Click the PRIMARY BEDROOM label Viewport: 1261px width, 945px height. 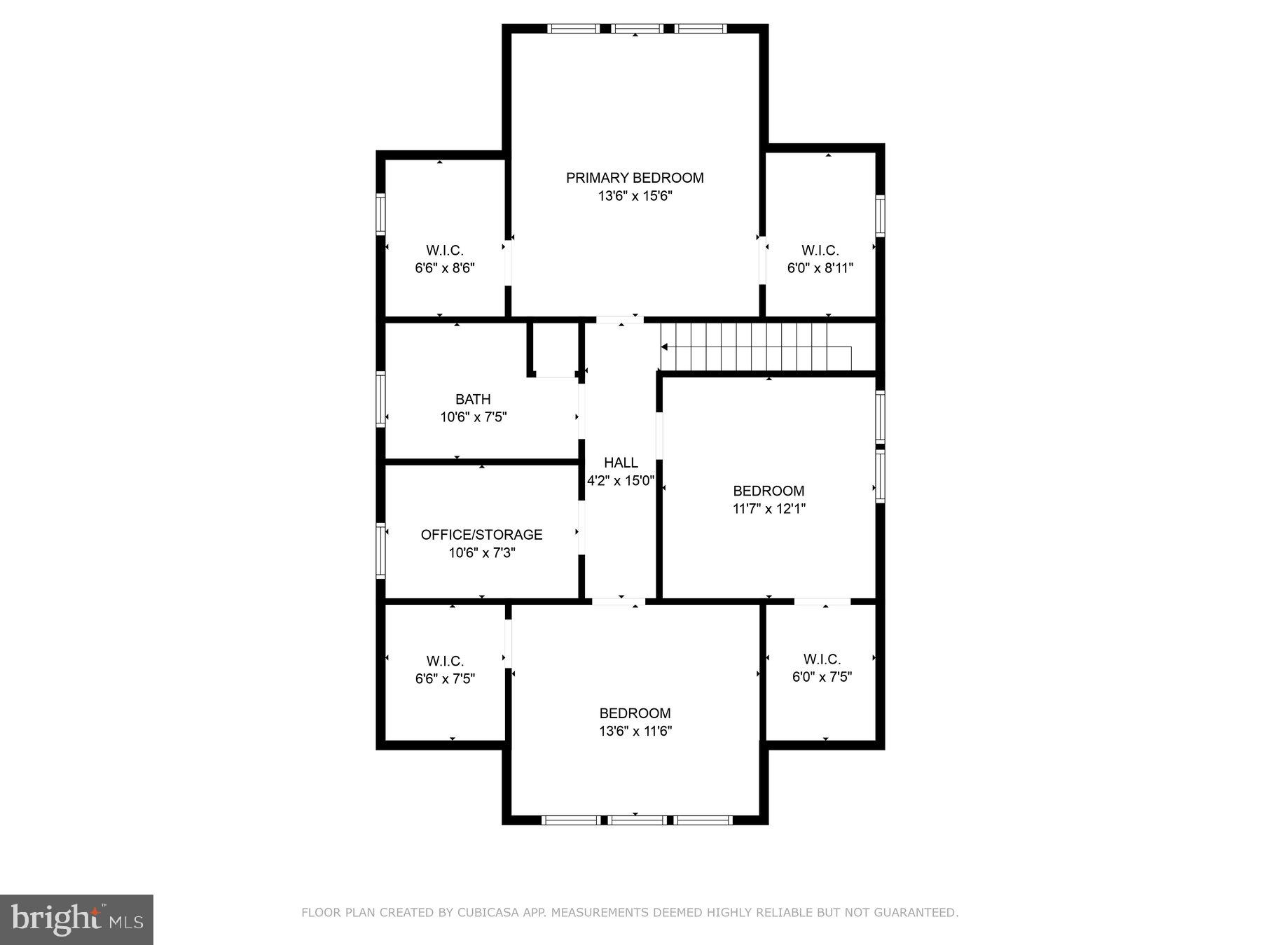[635, 178]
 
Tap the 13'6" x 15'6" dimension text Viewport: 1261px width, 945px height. [635, 196]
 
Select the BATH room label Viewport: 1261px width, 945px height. [473, 399]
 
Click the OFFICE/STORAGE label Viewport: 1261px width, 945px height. [481, 534]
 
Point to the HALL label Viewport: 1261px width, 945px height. [621, 462]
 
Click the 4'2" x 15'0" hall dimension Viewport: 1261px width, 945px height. [621, 481]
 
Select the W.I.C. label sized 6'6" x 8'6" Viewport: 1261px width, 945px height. [445, 250]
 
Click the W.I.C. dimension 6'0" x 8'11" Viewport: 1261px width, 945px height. [820, 268]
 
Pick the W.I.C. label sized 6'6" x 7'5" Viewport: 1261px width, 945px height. [445, 661]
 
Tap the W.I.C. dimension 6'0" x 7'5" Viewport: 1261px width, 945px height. [822, 677]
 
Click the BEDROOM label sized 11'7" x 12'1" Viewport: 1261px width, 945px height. [769, 491]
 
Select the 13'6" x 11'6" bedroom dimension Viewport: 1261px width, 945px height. [635, 731]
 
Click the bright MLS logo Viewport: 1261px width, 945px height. [76, 919]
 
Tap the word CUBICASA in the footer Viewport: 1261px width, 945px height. [485, 913]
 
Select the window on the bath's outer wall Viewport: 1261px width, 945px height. [381, 399]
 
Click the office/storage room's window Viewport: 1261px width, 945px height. [381, 550]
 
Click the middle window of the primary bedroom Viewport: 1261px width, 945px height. [636, 29]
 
